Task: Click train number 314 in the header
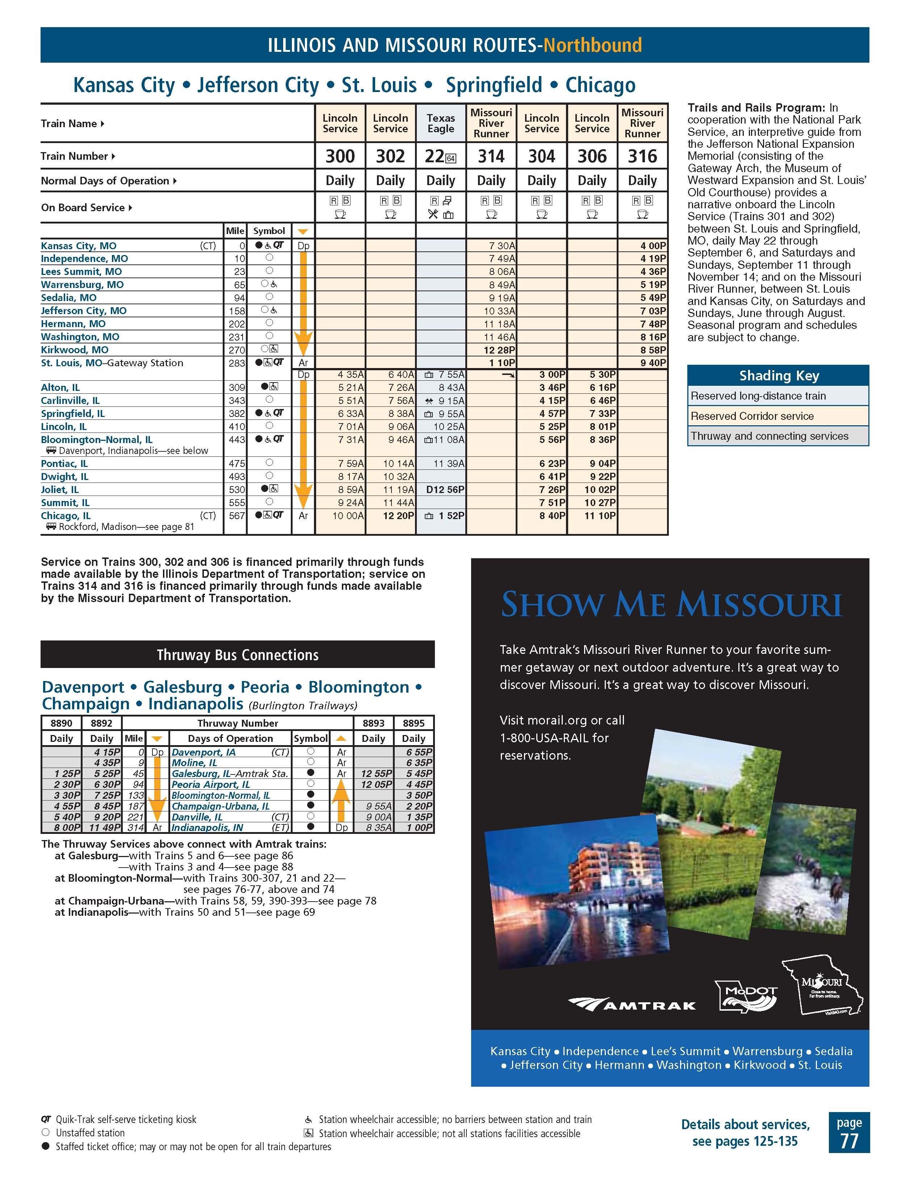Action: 491,156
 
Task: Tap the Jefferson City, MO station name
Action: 84,311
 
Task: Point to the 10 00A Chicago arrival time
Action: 348,516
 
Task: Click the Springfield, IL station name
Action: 73,413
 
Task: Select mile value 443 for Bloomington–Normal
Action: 237,439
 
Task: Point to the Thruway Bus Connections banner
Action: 238,655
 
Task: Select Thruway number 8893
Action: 373,723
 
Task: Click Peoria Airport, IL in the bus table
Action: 210,784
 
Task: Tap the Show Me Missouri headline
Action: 671,605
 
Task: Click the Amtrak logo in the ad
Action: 632,1005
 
